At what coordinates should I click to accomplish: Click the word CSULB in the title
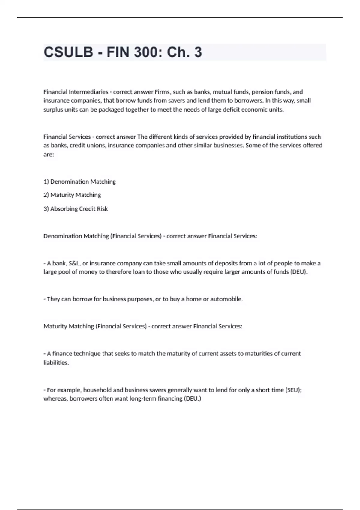[68, 52]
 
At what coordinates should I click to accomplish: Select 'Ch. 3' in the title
[184, 52]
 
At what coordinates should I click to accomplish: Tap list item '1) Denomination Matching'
[79, 181]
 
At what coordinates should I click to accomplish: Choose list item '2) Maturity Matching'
[72, 195]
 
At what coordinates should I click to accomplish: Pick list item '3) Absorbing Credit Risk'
[76, 209]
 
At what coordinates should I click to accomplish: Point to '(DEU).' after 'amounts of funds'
[299, 272]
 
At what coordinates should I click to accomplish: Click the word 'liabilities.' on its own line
[56, 363]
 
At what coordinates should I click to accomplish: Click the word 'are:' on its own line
[49, 154]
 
